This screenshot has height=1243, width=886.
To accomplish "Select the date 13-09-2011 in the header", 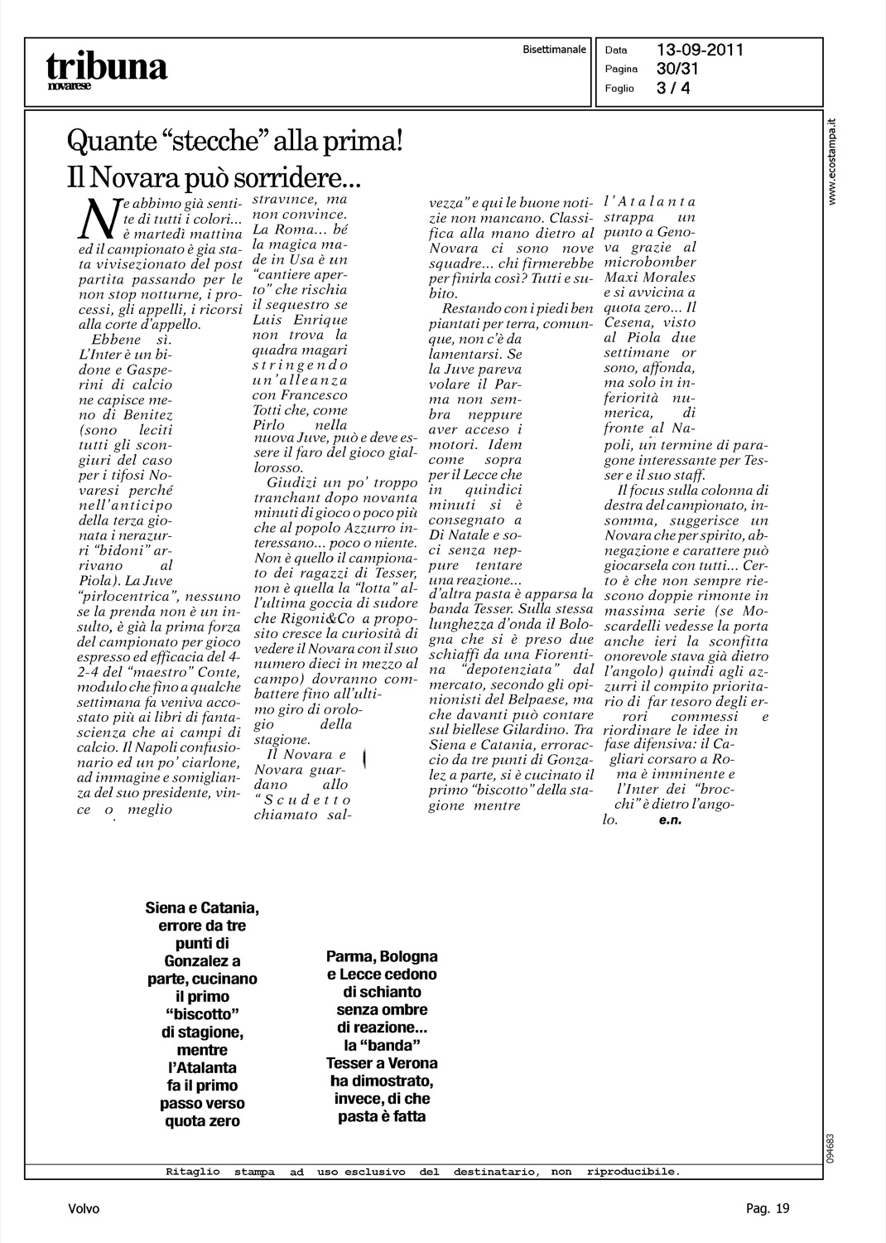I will pos(700,50).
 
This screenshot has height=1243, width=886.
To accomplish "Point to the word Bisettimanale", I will pos(554,50).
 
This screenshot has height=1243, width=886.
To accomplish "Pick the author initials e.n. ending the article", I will pos(671,820).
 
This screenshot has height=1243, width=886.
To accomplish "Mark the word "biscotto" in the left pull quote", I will pos(202,1014).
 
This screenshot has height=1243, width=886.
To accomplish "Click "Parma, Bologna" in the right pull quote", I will pos(382,956).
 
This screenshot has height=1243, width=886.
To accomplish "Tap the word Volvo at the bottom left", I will pos(84,1209).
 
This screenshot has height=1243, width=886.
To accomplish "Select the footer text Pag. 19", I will pos(768,1209).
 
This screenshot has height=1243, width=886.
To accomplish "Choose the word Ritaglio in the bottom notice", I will pos(193,1172).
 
